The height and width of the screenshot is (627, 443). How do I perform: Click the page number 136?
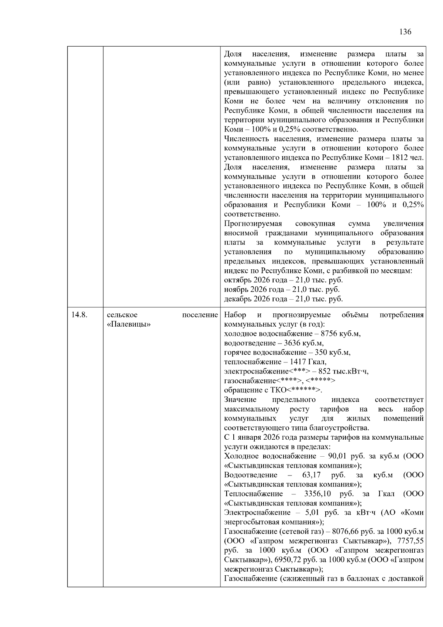[x=405, y=32]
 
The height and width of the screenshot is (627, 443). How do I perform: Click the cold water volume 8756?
[x=329, y=334]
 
